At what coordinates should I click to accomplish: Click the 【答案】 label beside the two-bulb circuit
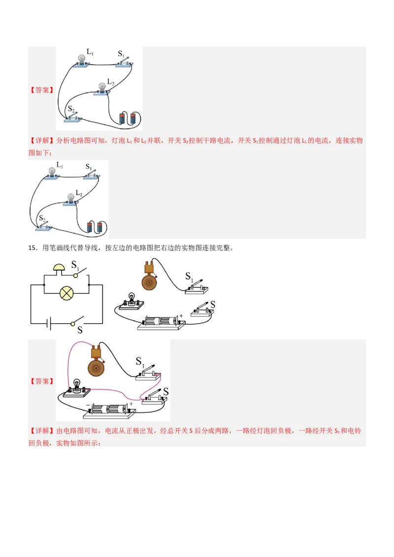coord(42,90)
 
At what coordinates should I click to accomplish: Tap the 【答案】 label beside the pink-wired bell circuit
coord(42,381)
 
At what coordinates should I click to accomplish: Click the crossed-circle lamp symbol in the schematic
coord(66,293)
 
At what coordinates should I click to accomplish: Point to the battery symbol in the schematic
coord(48,323)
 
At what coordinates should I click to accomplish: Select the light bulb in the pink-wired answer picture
coord(76,385)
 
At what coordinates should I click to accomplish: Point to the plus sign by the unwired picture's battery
coord(181,315)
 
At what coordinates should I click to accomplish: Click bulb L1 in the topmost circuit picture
coord(82,59)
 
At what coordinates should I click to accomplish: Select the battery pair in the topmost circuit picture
coord(128,119)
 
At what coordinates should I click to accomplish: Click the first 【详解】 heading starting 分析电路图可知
coord(42,141)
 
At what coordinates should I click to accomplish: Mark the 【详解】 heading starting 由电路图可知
coord(42,431)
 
